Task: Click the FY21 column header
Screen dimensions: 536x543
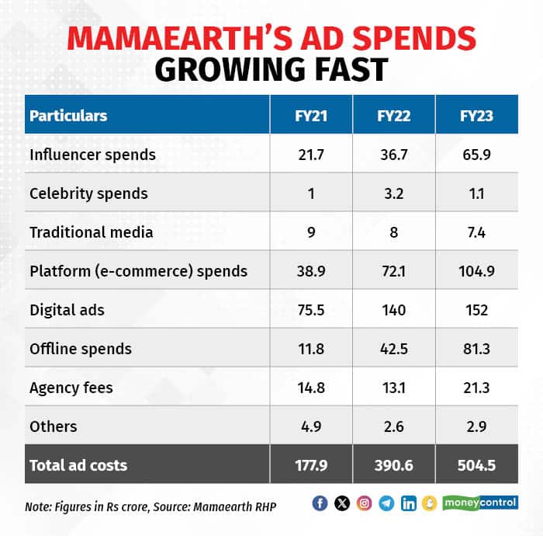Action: [x=311, y=116]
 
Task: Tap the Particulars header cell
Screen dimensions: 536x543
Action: [x=68, y=116]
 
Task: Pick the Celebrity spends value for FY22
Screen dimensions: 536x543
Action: [x=394, y=193]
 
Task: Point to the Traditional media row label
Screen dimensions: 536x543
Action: [x=92, y=232]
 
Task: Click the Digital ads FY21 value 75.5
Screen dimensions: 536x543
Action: [x=311, y=310]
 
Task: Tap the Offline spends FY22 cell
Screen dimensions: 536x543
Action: [x=394, y=349]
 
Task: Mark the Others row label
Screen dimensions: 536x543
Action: [x=54, y=426]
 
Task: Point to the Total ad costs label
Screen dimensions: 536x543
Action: [x=78, y=465]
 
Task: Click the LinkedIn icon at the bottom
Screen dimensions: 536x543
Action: [x=409, y=503]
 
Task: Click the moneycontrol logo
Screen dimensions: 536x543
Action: [x=481, y=503]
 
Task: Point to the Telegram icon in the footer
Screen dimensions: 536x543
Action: [x=386, y=503]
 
